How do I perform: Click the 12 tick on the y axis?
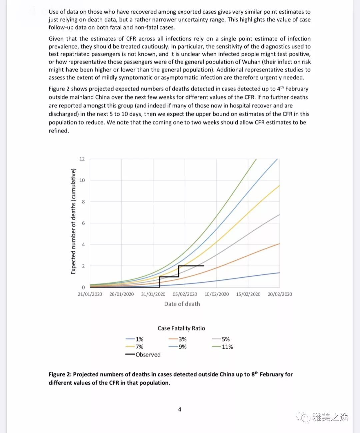82,159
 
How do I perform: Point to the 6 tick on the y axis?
83,223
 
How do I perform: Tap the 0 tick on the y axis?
83,287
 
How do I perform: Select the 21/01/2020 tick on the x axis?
90,294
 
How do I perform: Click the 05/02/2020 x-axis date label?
185,294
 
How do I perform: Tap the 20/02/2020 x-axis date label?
280,294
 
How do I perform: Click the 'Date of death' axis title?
182,304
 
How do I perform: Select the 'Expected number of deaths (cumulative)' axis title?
73,221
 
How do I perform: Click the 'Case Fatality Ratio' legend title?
181,328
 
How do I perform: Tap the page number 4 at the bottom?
180,409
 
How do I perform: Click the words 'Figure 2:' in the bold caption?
60,374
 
